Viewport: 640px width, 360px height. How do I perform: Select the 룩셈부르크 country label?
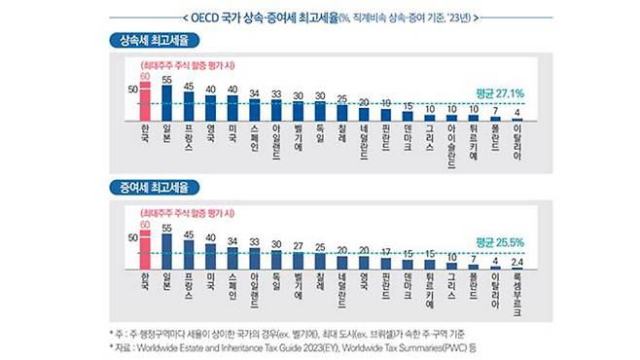click(x=516, y=294)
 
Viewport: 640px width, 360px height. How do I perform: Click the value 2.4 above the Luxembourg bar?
click(x=516, y=261)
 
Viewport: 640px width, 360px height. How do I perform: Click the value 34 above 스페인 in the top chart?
click(x=254, y=93)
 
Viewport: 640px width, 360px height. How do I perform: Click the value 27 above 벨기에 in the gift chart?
click(x=298, y=245)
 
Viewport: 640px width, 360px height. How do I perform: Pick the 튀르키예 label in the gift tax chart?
click(x=429, y=288)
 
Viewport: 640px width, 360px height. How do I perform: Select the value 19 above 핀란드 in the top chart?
click(x=385, y=102)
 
